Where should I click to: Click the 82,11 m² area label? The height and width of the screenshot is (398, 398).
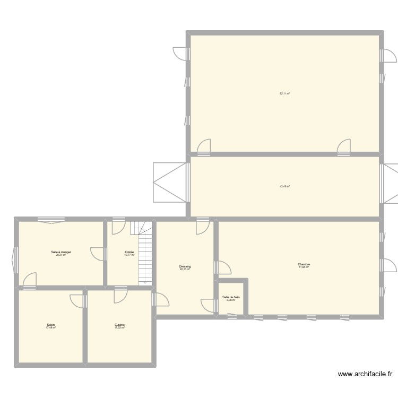[x=285, y=93]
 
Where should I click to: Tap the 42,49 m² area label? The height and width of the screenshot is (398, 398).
[x=285, y=186]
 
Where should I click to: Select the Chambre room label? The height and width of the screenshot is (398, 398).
[x=304, y=264]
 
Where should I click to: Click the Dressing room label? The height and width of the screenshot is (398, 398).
[x=185, y=266]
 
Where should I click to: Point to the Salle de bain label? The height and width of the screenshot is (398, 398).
[x=231, y=297]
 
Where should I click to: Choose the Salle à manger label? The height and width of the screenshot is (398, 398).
[x=61, y=252]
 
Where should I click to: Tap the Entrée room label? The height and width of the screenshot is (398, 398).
[x=129, y=252]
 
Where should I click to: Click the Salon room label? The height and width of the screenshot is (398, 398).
[x=51, y=325]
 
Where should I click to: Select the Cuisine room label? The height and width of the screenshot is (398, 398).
[x=119, y=325]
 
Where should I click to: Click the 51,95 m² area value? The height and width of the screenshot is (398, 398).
[x=304, y=267]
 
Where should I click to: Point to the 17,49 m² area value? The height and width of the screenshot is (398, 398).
[x=51, y=328]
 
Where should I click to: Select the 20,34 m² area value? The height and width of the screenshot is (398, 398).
[x=61, y=255]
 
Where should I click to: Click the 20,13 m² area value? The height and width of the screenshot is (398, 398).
[x=185, y=270]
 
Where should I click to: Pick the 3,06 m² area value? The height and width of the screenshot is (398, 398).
[x=231, y=300]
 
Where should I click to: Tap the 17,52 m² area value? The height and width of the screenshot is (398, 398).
[x=119, y=328]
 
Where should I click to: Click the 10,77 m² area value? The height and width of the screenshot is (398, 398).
[x=129, y=255]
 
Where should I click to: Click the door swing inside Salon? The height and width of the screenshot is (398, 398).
[x=77, y=299]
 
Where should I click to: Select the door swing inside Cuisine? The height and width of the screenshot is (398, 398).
[x=120, y=296]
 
